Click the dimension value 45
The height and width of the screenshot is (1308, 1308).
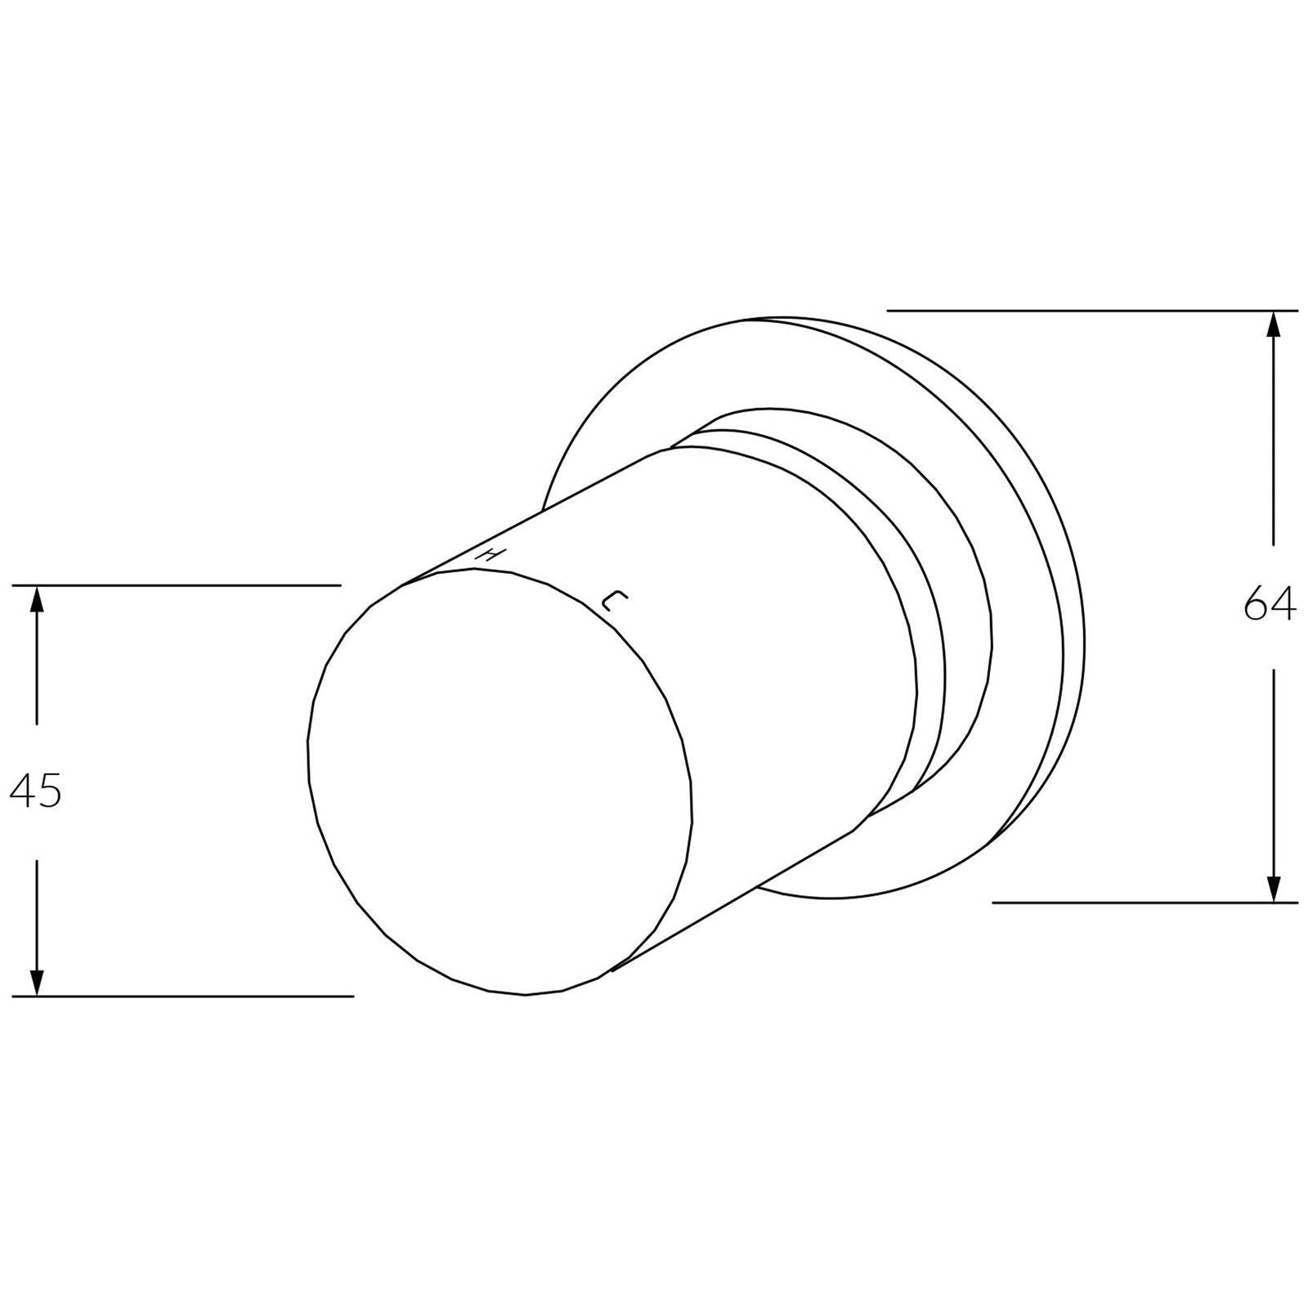(35, 791)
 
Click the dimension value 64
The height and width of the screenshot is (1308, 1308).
(1270, 606)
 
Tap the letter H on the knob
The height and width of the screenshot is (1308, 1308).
(489, 553)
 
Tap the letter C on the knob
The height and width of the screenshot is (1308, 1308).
(613, 602)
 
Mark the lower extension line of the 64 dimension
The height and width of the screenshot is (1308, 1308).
(1144, 903)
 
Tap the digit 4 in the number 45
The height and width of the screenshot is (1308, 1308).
(23, 791)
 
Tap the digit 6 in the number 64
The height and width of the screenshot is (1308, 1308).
(1256, 606)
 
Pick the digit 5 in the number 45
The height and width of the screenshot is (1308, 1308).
(49, 791)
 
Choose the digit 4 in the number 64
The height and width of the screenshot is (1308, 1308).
(1283, 606)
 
